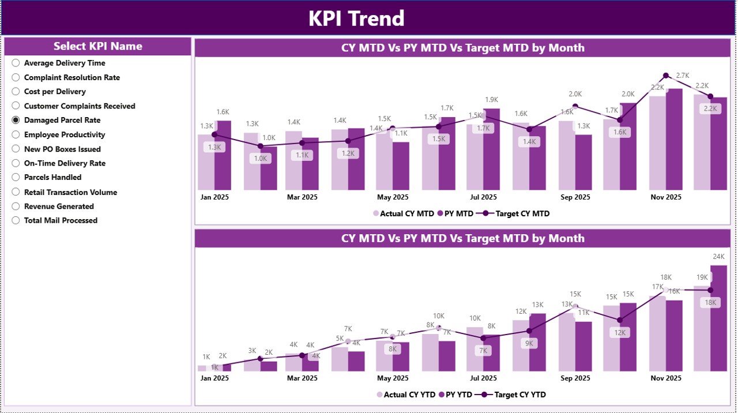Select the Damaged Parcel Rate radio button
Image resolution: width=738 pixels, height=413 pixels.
click(16, 121)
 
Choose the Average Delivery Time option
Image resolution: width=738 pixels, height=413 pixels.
click(16, 63)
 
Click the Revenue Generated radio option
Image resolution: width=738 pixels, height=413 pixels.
click(16, 206)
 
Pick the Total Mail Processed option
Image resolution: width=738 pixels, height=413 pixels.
click(16, 220)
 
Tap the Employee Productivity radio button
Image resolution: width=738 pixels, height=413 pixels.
click(16, 135)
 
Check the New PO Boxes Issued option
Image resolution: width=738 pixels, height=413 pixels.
click(16, 149)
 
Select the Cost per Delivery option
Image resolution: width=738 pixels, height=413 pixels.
click(16, 92)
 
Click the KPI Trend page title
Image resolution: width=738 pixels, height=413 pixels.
click(356, 18)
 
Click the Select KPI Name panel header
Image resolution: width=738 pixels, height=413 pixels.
click(98, 46)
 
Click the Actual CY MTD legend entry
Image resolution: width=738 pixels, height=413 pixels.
click(403, 213)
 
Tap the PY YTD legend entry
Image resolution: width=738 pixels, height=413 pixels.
click(455, 395)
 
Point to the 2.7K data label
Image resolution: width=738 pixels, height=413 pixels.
click(683, 76)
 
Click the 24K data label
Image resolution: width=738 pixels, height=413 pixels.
click(718, 257)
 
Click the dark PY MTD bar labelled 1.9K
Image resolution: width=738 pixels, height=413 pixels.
click(492, 150)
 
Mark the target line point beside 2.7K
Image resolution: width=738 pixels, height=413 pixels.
click(666, 76)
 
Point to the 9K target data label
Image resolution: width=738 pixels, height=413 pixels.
click(529, 343)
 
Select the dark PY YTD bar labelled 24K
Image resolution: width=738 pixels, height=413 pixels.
click(718, 317)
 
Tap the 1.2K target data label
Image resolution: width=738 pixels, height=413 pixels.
click(348, 153)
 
